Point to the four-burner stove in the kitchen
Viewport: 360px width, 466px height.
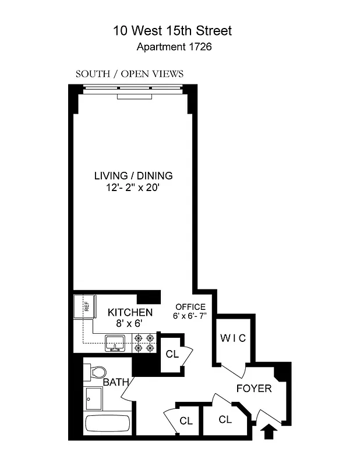click(x=144, y=343)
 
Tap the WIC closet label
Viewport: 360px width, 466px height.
click(x=233, y=338)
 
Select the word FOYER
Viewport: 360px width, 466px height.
click(x=254, y=388)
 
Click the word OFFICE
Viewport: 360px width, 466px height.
click(x=190, y=307)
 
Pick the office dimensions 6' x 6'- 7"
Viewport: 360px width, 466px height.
click(x=193, y=316)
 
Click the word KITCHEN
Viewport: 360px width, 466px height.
click(x=130, y=313)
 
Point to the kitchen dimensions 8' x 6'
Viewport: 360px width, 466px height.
click(x=130, y=323)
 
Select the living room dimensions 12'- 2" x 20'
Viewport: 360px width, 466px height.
click(x=134, y=186)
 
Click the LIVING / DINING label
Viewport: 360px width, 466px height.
click(x=134, y=175)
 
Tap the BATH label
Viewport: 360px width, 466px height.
click(x=115, y=383)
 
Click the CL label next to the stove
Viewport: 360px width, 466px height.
click(x=172, y=354)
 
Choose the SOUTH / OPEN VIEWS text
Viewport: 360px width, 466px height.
click(x=129, y=74)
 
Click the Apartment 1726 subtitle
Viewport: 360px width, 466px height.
click(x=174, y=47)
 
